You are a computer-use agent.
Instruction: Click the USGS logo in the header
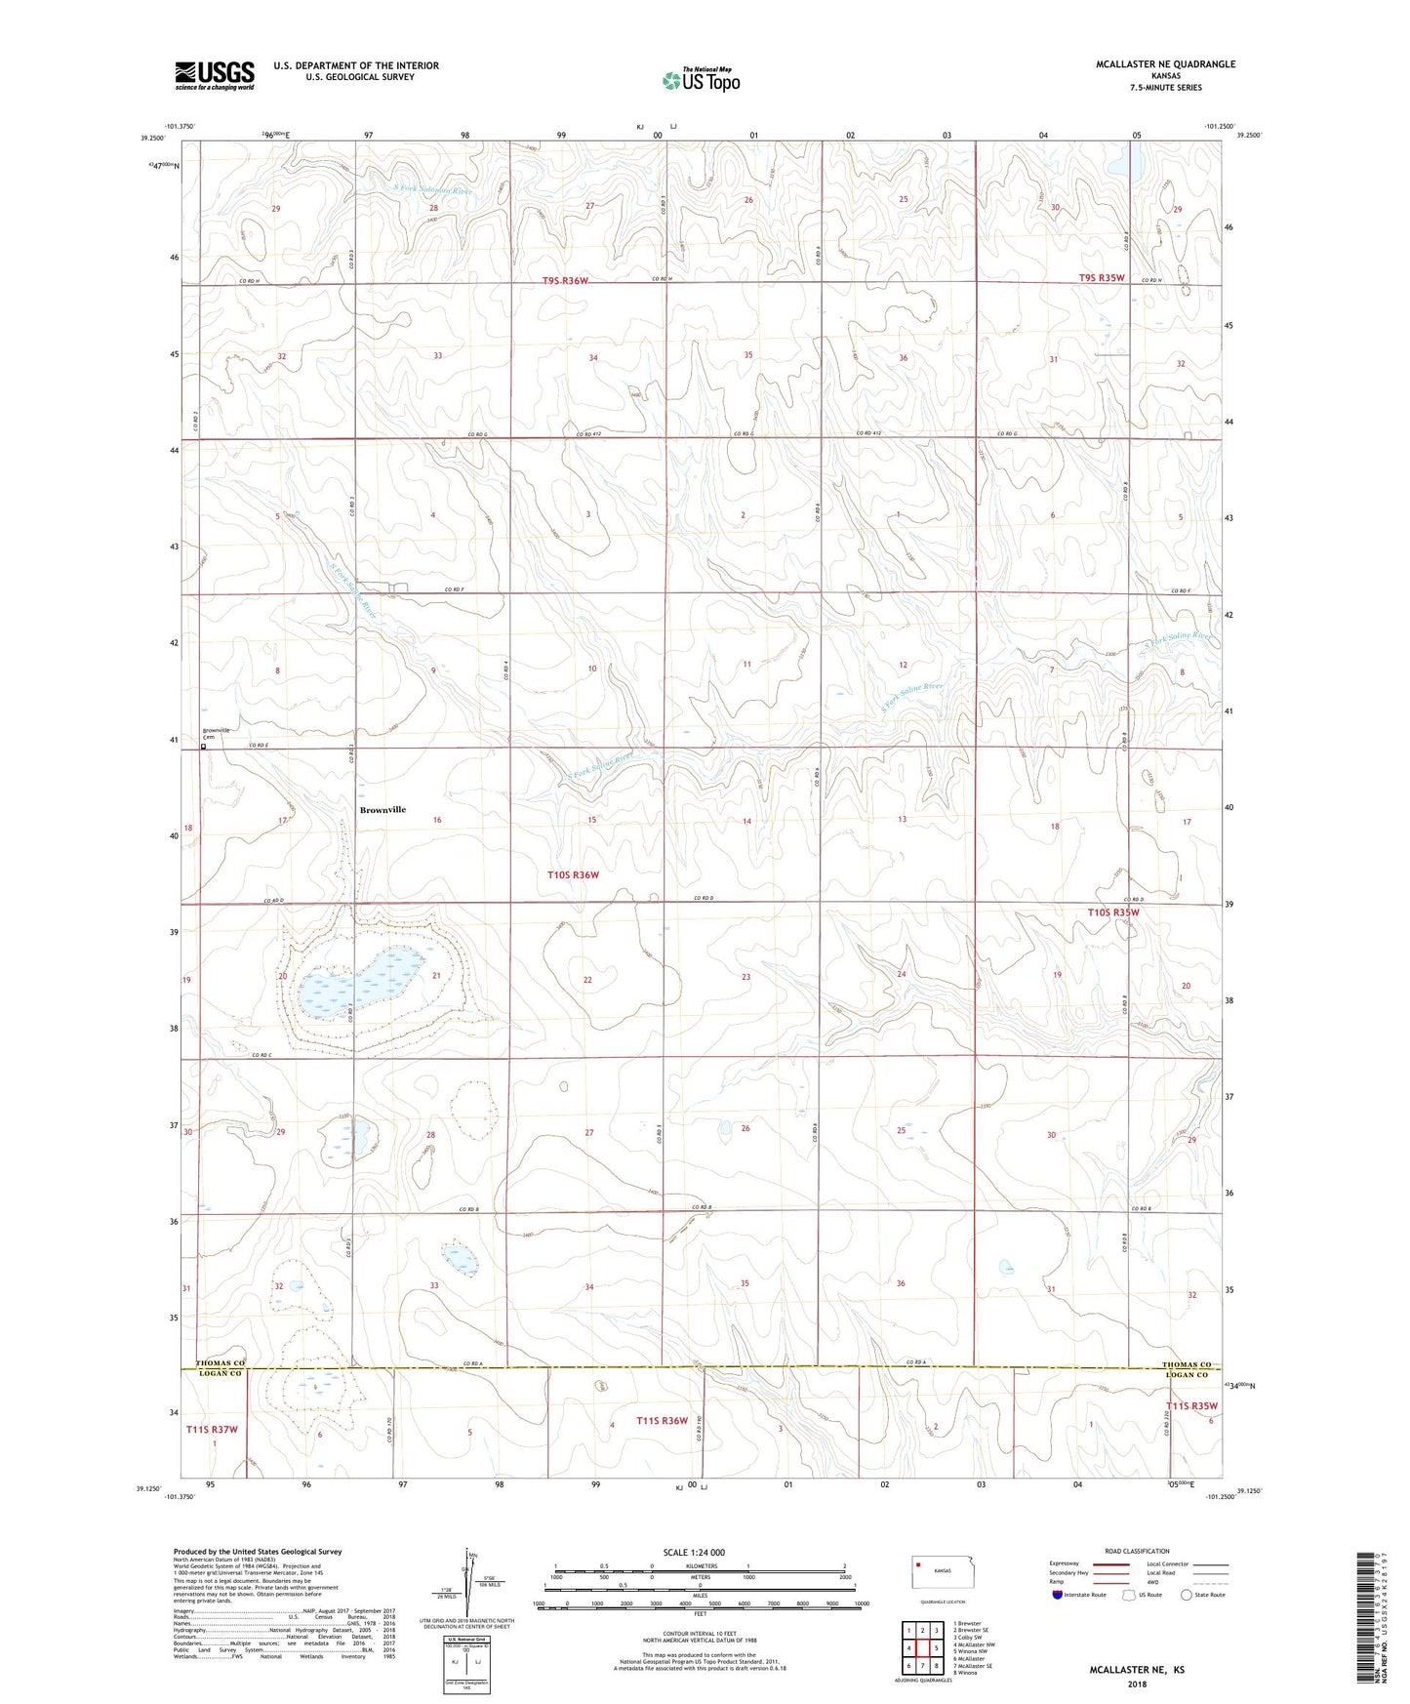(215, 75)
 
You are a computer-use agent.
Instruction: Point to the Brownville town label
(383, 810)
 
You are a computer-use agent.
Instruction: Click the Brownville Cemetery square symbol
(204, 748)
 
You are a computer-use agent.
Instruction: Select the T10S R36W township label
(573, 875)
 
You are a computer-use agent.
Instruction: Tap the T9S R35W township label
(1102, 278)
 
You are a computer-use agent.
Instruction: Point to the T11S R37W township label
(212, 1429)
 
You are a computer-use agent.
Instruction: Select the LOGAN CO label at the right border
(1187, 1374)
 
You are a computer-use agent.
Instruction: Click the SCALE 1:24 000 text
(694, 1552)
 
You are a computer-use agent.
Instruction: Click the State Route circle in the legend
(1187, 1595)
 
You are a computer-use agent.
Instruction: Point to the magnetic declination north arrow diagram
(472, 1582)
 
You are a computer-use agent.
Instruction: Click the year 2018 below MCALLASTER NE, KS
(1137, 1684)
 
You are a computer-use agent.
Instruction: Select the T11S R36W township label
(663, 1421)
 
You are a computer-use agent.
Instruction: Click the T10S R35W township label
(1113, 913)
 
